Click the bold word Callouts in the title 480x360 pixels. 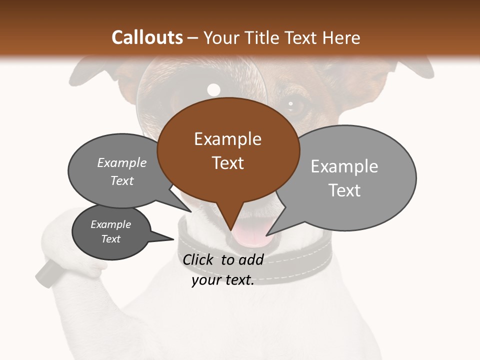(147, 37)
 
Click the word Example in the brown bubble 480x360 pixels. (227, 139)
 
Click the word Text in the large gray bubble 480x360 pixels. (344, 190)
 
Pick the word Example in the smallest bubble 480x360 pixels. (110, 224)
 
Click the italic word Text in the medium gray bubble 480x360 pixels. (122, 181)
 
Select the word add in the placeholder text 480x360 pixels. (250, 259)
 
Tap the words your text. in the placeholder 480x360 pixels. (223, 280)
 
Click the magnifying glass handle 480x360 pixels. (46, 273)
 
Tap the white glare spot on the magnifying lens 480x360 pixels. (213, 90)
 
